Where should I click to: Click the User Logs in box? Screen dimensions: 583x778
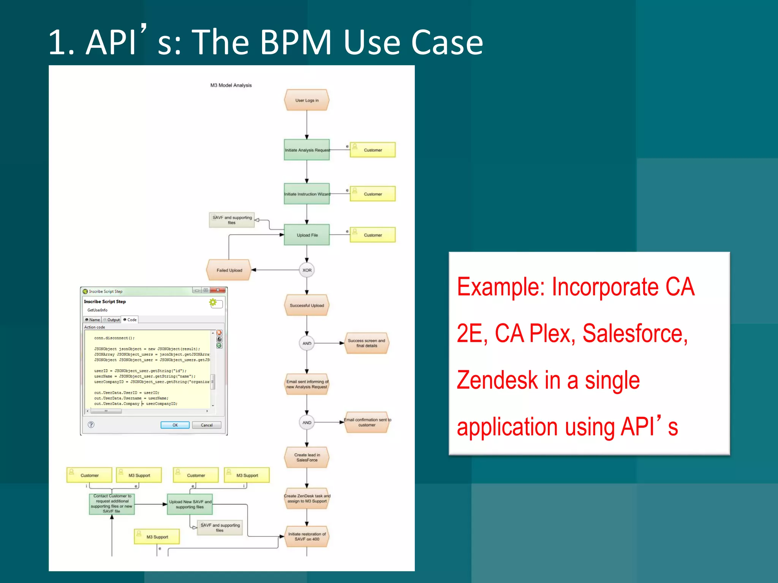[x=307, y=100]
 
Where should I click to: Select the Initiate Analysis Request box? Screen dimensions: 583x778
[x=307, y=150]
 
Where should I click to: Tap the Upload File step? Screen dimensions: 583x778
[x=307, y=235]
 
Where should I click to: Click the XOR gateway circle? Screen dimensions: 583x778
[x=307, y=270]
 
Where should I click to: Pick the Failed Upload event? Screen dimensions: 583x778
[x=229, y=270]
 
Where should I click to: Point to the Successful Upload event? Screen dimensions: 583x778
[x=307, y=305]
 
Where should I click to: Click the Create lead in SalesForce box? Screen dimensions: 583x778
[x=307, y=457]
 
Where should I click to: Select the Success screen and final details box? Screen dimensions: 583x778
[x=366, y=343]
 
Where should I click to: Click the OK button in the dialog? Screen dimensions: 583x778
[x=175, y=425]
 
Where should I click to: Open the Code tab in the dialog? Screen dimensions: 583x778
[x=130, y=320]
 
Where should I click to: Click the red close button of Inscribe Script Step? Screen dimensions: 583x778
[x=218, y=290]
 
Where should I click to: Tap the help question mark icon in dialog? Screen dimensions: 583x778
[x=91, y=425]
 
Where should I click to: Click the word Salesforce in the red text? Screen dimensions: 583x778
[x=635, y=334]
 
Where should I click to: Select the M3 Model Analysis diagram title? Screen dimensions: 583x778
[x=231, y=85]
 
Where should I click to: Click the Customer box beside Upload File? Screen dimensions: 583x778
[x=372, y=235]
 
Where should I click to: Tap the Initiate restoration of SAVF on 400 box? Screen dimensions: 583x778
[x=307, y=536]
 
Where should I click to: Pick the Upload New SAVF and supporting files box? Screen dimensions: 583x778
[x=190, y=504]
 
